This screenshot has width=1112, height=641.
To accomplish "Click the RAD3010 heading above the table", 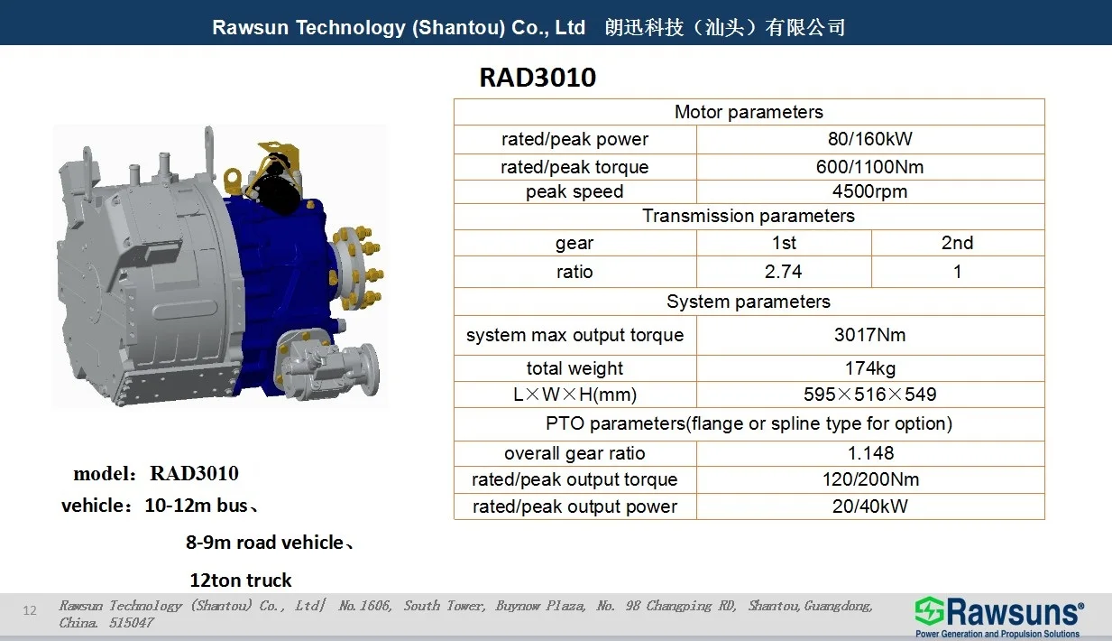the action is tap(538, 78).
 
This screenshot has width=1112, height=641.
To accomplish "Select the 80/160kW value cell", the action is tap(869, 139).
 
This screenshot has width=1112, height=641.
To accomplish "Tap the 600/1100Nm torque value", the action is tap(869, 167).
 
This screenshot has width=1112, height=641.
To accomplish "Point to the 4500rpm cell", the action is tap(869, 191).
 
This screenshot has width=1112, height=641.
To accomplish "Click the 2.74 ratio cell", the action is tap(784, 272).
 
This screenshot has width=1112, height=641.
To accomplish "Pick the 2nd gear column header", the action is tap(957, 243).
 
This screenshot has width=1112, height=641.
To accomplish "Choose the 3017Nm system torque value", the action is tap(869, 335).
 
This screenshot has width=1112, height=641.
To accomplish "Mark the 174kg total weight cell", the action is tap(869, 368).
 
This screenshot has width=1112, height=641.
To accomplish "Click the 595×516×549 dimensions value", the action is tap(869, 395).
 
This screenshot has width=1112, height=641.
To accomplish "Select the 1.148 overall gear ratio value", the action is tap(870, 453).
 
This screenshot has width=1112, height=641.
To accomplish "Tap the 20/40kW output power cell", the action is tap(869, 506).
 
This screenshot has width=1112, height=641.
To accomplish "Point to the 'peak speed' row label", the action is tap(574, 191).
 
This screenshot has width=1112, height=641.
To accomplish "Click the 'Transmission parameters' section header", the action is tap(749, 216).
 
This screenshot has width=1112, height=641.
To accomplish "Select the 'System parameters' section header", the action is tap(749, 302).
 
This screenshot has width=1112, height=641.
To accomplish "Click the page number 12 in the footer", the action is tap(30, 610).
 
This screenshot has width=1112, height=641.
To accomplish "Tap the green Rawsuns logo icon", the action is tap(929, 610).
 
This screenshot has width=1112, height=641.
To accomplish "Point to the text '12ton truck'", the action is tap(241, 581).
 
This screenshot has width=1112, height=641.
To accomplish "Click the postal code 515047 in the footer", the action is tap(132, 623).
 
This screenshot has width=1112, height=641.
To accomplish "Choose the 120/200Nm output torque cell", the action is tap(870, 479).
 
